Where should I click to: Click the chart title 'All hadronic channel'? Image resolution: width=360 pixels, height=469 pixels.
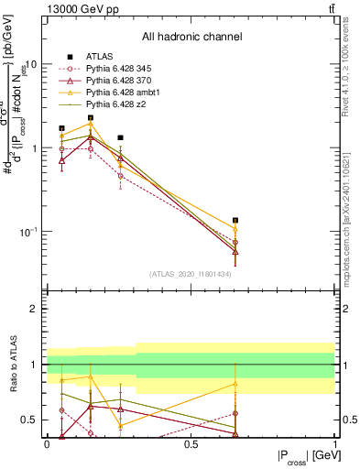click(x=191, y=38)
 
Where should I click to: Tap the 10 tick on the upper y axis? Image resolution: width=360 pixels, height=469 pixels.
click(x=32, y=65)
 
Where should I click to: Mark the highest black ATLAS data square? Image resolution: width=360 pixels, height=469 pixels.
click(x=91, y=118)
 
